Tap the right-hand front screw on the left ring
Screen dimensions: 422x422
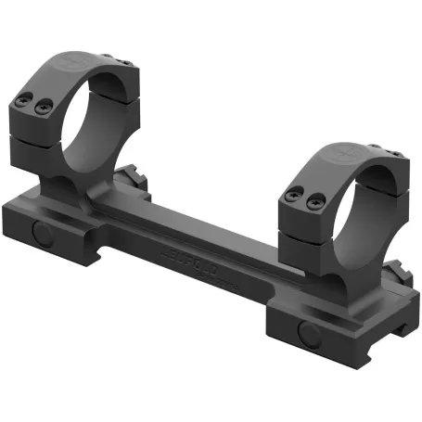tap(42, 109)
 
